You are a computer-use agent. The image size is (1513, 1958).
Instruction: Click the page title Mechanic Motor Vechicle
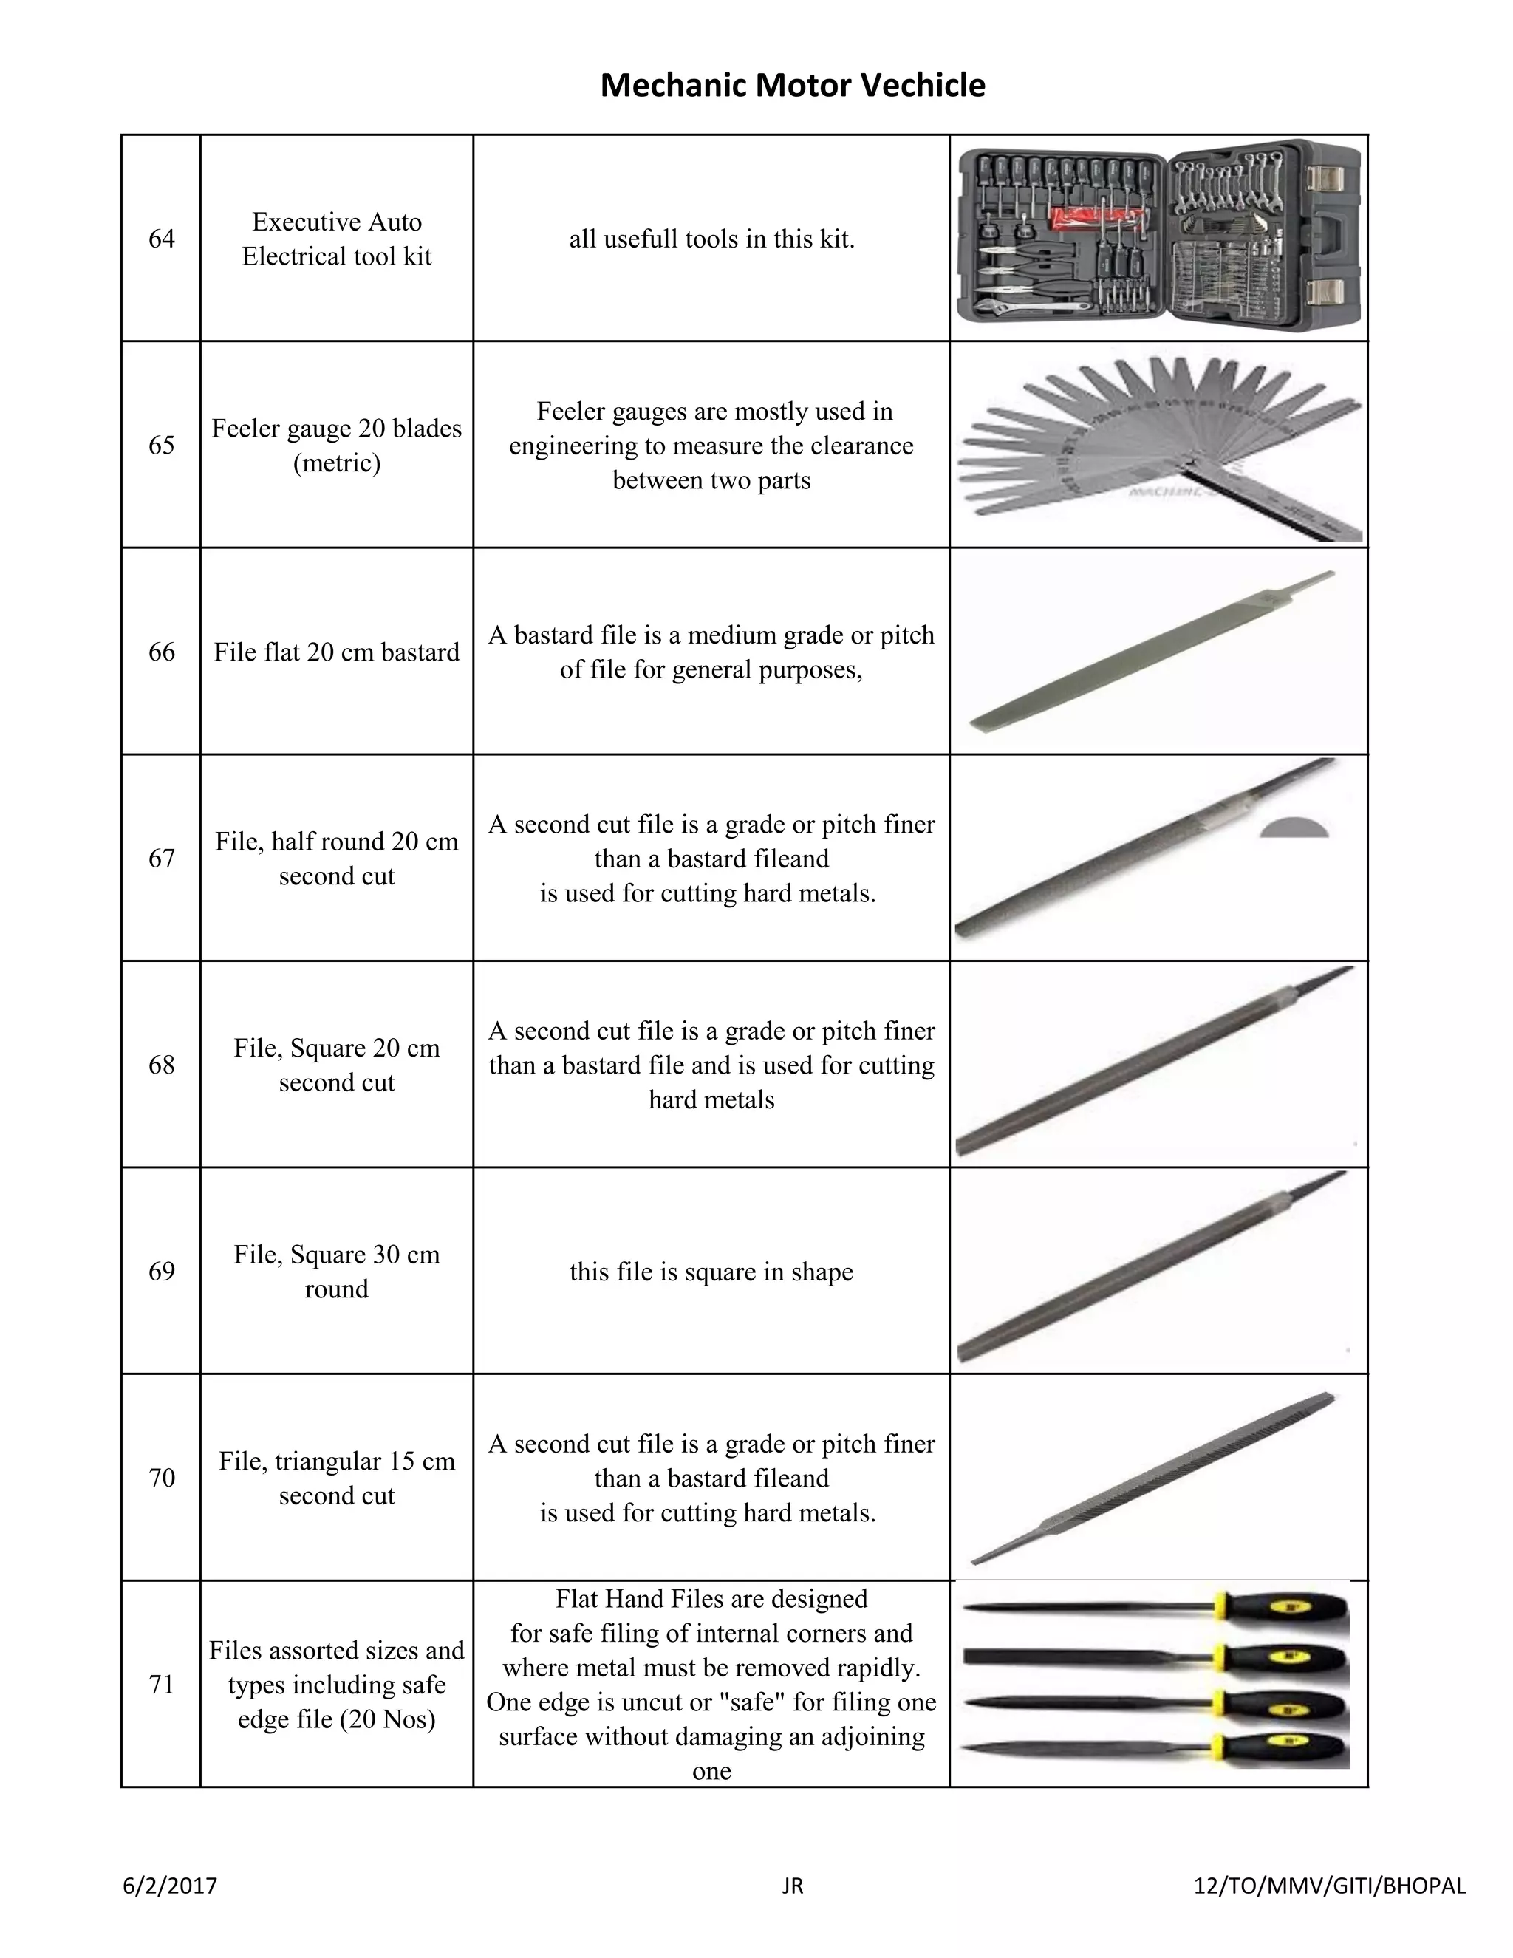click(793, 85)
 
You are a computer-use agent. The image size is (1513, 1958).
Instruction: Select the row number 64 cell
click(161, 239)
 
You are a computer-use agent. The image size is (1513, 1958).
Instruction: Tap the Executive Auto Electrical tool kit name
click(336, 239)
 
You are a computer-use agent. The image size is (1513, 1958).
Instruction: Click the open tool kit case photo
click(1158, 238)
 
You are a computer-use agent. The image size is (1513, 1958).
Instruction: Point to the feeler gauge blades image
click(1158, 446)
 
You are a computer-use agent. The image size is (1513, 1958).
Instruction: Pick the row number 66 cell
click(161, 652)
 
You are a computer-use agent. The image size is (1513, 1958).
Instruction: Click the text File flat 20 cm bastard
click(336, 652)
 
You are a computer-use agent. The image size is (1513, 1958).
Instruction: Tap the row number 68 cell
click(161, 1065)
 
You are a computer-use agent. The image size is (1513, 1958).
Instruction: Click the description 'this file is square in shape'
click(711, 1272)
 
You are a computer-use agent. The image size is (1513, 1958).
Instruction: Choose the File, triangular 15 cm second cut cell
click(336, 1478)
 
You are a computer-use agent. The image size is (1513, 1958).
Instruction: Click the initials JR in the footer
click(793, 1886)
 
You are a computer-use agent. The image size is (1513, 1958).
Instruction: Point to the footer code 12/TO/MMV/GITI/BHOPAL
click(1330, 1886)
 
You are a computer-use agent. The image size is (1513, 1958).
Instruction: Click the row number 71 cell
click(161, 1685)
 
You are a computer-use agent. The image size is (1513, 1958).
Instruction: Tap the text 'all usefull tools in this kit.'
click(711, 239)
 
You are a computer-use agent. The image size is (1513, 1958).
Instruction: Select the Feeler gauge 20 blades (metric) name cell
click(336, 446)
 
